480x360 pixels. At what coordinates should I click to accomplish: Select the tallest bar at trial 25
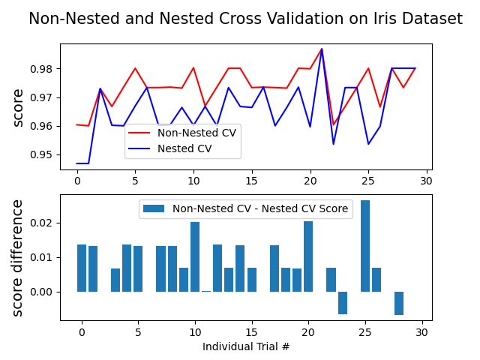(365, 246)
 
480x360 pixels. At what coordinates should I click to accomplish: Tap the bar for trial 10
(195, 256)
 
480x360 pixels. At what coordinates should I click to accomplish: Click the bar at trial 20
(308, 256)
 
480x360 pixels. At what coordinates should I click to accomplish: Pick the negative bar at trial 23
(343, 302)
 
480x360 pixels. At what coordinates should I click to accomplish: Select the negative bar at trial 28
(399, 303)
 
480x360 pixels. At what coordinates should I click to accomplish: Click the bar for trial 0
(82, 268)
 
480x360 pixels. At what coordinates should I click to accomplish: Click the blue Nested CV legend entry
(184, 148)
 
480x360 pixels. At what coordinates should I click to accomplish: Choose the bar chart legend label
(260, 208)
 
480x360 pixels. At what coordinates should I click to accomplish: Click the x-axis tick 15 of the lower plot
(251, 332)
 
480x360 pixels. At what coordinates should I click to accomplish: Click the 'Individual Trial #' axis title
(246, 346)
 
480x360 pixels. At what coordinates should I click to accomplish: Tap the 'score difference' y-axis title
(17, 257)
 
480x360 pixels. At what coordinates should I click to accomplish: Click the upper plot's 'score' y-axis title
(17, 107)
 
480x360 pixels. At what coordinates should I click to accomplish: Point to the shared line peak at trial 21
(322, 49)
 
